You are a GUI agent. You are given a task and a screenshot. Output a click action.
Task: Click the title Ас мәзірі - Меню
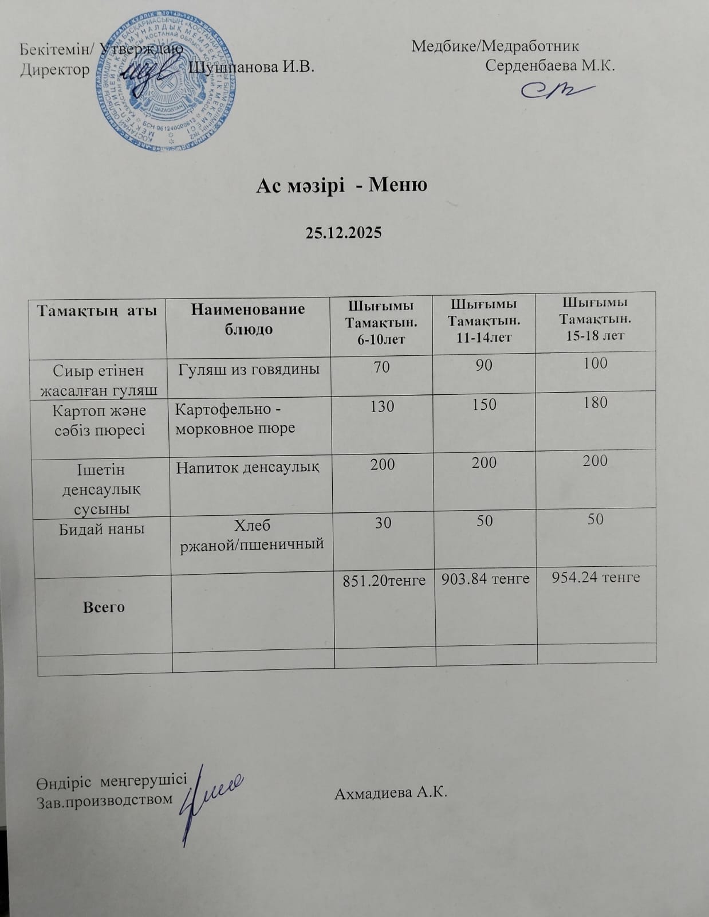(341, 185)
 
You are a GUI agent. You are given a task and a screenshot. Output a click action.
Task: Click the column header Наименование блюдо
(248, 319)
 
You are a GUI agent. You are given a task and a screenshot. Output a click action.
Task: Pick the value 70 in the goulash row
(382, 365)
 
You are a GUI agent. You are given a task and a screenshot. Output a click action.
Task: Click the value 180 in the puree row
(596, 403)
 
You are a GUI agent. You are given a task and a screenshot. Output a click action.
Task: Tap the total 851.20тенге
(384, 581)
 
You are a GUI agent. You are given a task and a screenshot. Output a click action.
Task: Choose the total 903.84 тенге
(486, 579)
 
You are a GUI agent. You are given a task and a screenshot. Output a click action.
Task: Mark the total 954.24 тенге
(596, 578)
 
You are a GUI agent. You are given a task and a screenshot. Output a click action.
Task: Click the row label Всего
(104, 607)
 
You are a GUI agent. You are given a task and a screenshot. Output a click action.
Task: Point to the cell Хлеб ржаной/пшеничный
(253, 534)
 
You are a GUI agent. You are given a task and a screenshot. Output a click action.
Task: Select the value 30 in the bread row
(383, 522)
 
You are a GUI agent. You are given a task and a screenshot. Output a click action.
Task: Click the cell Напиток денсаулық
(247, 468)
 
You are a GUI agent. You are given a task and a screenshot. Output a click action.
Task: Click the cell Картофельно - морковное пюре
(235, 419)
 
